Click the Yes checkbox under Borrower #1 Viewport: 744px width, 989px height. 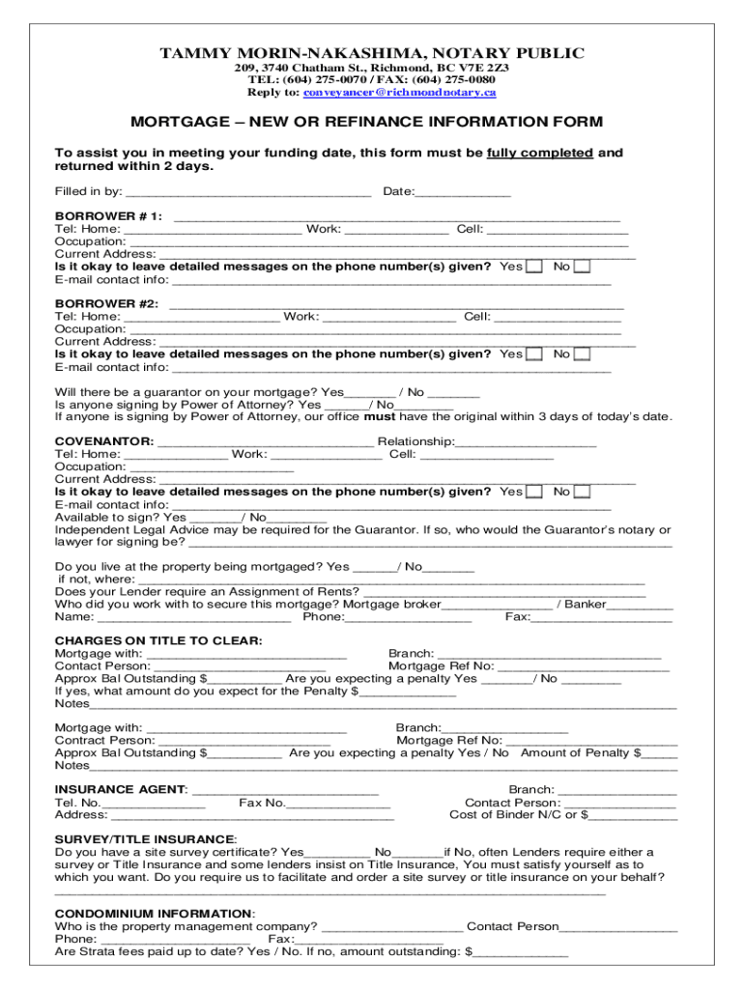pos(533,267)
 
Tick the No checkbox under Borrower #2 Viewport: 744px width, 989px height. pos(582,354)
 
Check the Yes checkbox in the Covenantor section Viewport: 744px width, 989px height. pos(533,492)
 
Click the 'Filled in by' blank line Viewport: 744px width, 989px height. pos(249,192)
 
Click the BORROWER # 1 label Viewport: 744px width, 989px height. pos(108,216)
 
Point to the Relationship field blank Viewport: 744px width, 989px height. pos(526,442)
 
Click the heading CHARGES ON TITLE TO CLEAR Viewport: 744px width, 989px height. pos(158,640)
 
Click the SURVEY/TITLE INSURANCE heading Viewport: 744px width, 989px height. pos(145,839)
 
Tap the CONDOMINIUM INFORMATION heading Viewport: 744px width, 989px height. pos(155,914)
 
